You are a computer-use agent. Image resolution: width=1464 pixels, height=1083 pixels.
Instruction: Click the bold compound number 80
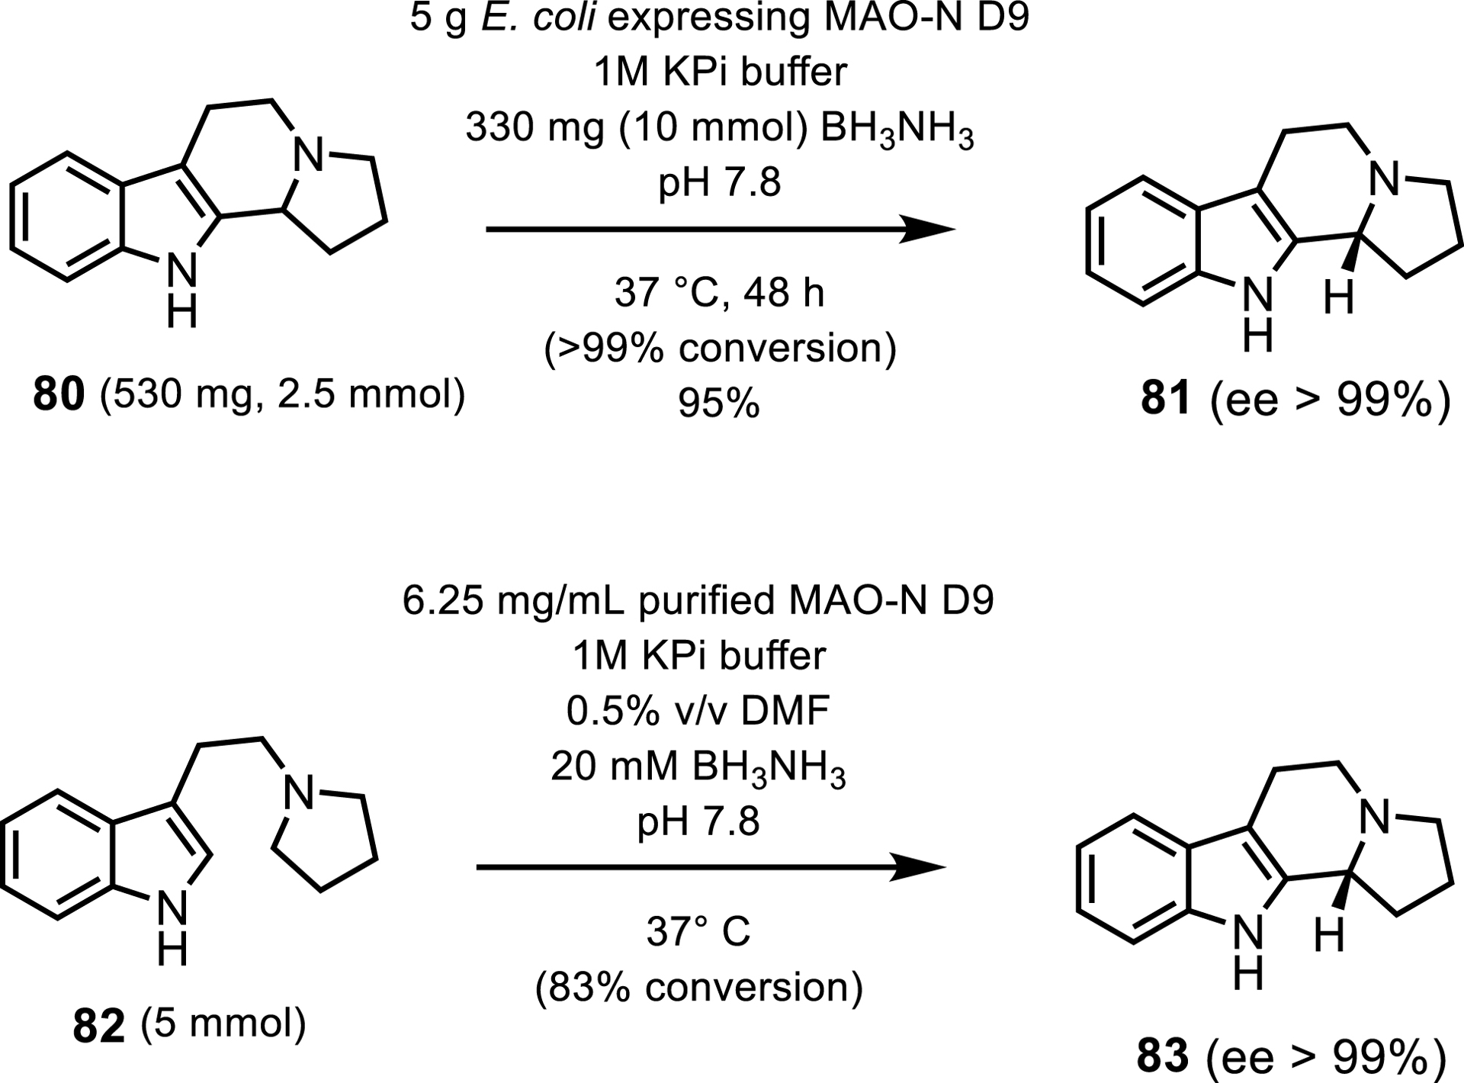[57, 397]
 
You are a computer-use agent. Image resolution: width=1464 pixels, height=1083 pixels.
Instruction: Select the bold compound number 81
[1166, 398]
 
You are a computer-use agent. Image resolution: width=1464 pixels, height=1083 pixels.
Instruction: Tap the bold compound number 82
[98, 1027]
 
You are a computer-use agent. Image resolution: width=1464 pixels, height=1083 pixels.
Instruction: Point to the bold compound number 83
[1162, 1057]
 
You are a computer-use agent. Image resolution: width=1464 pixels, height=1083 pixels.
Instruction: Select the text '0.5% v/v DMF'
[698, 711]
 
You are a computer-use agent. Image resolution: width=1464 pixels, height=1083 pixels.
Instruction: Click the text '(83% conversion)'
[698, 988]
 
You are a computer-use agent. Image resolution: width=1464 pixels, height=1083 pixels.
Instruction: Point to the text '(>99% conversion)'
[720, 349]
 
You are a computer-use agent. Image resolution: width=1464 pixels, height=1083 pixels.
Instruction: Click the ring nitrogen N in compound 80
[309, 157]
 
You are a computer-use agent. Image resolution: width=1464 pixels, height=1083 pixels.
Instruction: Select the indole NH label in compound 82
[172, 929]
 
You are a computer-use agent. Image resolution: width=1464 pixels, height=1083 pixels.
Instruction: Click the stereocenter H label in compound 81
[1338, 298]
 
